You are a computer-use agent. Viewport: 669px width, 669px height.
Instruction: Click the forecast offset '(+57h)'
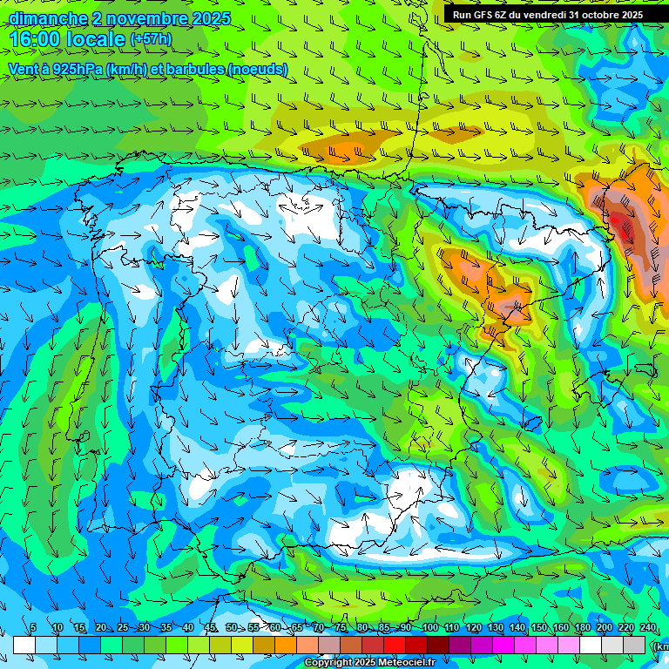pyautogui.click(x=150, y=39)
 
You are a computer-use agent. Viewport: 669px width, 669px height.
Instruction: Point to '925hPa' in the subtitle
pyautogui.click(x=76, y=69)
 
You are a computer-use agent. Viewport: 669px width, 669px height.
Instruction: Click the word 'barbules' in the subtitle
pyautogui.click(x=192, y=69)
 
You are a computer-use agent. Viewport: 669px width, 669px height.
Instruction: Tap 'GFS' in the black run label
pyautogui.click(x=482, y=15)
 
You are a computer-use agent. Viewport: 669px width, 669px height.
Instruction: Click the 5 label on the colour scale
pyautogui.click(x=33, y=628)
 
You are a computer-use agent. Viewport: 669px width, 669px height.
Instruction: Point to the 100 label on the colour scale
pyautogui.click(x=429, y=628)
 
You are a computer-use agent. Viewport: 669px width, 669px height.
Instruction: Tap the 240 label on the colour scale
pyautogui.click(x=647, y=628)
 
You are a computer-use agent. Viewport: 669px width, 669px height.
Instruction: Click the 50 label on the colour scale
pyautogui.click(x=232, y=628)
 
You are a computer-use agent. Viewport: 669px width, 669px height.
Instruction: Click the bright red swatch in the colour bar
pyautogui.click(x=395, y=645)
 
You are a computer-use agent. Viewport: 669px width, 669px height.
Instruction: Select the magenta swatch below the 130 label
pyautogui.click(x=503, y=645)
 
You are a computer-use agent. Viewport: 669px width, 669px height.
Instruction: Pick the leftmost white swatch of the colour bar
pyautogui.click(x=24, y=645)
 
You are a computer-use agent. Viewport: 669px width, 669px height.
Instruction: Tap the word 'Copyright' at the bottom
pyautogui.click(x=328, y=663)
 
